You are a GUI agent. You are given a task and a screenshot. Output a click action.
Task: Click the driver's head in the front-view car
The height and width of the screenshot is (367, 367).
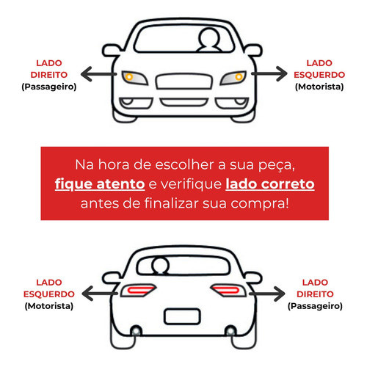click(209, 37)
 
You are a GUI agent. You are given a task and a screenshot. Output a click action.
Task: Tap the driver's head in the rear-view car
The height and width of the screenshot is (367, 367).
click(160, 266)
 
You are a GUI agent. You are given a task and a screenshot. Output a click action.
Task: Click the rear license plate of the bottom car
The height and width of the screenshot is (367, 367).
click(182, 316)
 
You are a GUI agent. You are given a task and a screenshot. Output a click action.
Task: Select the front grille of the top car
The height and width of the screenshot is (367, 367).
click(184, 81)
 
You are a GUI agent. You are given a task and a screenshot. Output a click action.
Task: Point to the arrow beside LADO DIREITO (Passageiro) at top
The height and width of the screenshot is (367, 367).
click(98, 74)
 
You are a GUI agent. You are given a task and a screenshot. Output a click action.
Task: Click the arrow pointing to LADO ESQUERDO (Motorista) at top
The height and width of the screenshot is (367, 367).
click(269, 73)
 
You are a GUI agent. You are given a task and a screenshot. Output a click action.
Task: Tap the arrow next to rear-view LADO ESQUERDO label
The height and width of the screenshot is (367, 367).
click(100, 293)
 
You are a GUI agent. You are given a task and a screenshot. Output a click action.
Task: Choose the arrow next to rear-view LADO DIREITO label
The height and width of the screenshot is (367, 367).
click(267, 294)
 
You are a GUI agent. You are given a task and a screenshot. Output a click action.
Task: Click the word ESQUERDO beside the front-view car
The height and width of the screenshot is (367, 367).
click(319, 75)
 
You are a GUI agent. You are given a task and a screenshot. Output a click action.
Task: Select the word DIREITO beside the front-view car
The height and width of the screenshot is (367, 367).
click(49, 75)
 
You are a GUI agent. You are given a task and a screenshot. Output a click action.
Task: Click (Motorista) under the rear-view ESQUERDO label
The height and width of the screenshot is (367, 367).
click(49, 306)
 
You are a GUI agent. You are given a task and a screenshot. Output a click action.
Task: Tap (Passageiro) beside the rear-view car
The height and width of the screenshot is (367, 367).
click(315, 306)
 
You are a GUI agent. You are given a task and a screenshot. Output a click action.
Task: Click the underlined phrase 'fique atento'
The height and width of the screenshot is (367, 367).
click(100, 184)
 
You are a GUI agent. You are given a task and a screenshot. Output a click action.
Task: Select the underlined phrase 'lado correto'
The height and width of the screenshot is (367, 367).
click(270, 184)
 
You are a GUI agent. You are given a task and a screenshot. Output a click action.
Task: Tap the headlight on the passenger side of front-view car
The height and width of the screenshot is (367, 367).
click(135, 78)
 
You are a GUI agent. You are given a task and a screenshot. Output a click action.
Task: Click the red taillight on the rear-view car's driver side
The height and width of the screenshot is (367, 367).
click(138, 291)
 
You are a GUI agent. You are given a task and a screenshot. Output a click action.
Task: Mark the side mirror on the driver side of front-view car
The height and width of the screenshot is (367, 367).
click(254, 51)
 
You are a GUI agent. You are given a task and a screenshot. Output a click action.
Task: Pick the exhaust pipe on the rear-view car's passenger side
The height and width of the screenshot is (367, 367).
click(230, 331)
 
